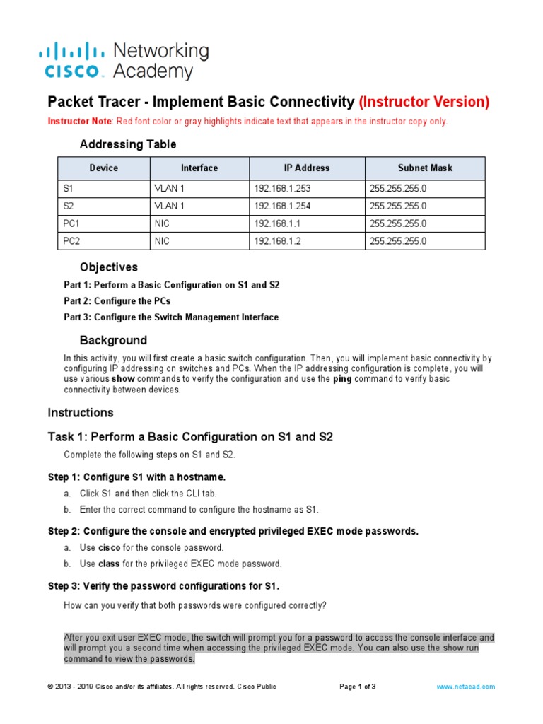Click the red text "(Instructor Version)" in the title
pos(424,102)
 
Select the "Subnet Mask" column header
pos(424,168)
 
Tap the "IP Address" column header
pos(307,168)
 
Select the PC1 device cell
pos(73,223)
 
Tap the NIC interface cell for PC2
pos(162,241)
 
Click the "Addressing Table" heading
pos(128,144)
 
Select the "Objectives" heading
pos(108,267)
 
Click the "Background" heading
pos(113,340)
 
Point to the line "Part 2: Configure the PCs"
pos(117,301)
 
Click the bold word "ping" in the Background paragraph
pos(342,379)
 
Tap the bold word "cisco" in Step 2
pos(109,547)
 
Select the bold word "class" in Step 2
pos(109,564)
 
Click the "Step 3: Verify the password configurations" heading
pos(163,586)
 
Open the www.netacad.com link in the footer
pos(465,687)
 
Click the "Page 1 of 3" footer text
pos(358,687)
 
